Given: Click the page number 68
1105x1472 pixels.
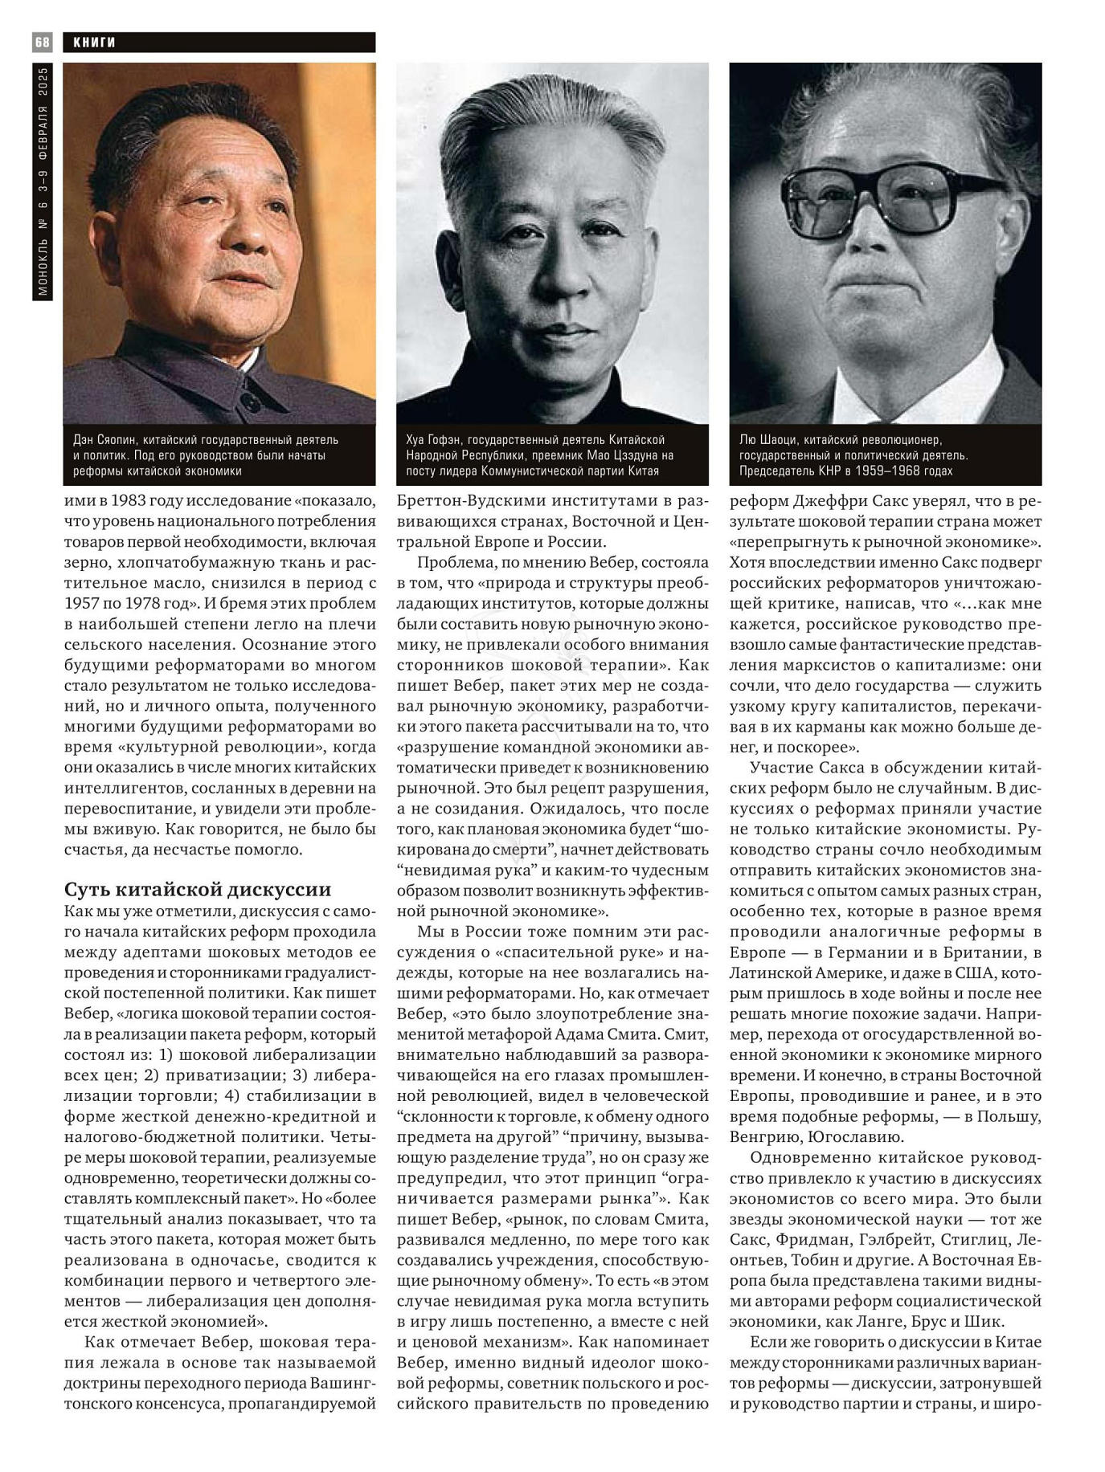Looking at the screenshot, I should point(42,42).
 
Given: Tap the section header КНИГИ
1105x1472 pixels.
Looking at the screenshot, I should point(94,43).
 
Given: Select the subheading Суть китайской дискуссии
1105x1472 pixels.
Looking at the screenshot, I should point(198,889).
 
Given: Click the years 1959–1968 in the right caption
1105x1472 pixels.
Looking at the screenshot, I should point(922,471).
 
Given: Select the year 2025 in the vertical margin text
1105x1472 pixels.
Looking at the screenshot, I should point(43,83).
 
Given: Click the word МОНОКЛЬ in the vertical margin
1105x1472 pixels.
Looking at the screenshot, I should point(43,271).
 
